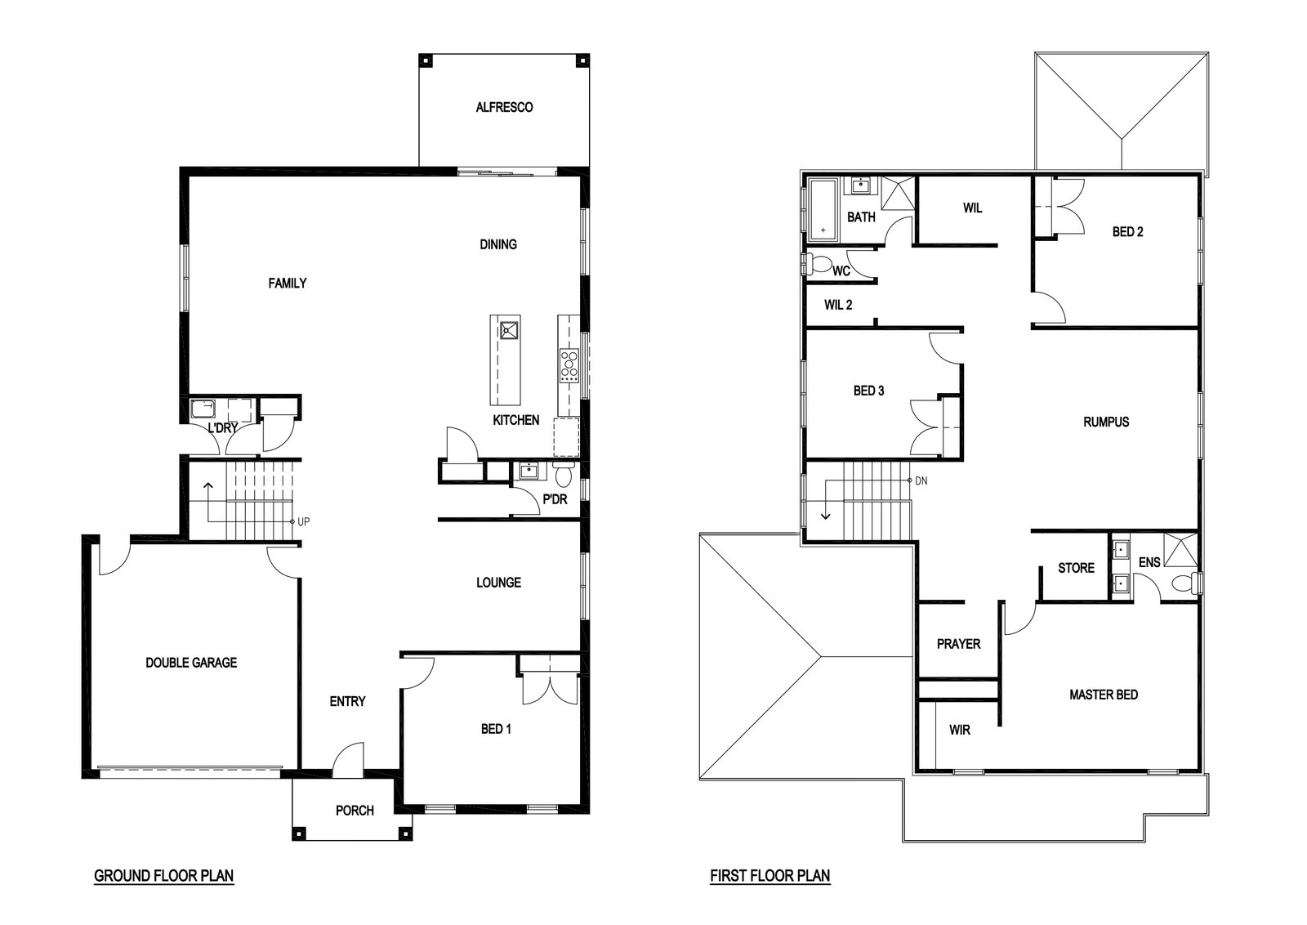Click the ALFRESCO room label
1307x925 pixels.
504,107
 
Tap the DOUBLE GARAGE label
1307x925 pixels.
191,663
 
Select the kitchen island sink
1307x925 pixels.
509,331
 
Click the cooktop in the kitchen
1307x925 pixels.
569,365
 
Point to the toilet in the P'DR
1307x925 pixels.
564,475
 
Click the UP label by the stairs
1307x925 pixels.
303,521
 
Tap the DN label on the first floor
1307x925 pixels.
921,480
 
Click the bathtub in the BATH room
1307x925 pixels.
823,210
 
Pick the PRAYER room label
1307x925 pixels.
959,644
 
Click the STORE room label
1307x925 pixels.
1077,568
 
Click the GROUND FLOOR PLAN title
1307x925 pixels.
164,875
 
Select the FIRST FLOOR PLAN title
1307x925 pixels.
770,875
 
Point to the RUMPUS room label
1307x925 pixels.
1106,422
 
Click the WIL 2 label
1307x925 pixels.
838,305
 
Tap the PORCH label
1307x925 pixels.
355,811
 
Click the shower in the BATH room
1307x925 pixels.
898,193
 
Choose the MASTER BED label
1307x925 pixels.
1104,695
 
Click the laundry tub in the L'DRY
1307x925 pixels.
203,409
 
